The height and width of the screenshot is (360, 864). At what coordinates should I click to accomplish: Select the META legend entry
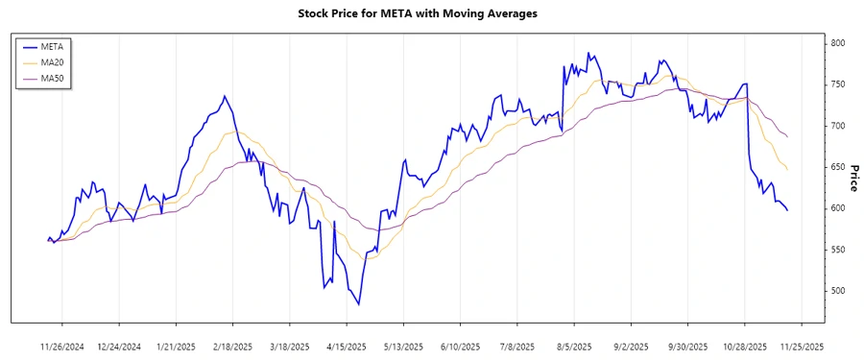(x=52, y=45)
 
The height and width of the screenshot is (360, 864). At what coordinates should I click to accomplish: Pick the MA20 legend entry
(x=52, y=61)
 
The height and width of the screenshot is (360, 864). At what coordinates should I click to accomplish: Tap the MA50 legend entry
(x=52, y=78)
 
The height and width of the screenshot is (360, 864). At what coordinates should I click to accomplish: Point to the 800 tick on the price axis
(x=839, y=43)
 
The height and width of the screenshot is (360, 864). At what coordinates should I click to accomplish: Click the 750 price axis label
(x=839, y=84)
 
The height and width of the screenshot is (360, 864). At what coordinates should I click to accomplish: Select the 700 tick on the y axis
(x=839, y=126)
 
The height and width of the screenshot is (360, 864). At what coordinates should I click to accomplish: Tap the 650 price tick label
(x=839, y=167)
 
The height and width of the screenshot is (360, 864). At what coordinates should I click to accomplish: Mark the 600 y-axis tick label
(x=839, y=208)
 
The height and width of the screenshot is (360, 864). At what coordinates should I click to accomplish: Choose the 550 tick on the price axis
(x=839, y=250)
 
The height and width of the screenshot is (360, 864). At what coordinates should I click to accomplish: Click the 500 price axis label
(x=839, y=291)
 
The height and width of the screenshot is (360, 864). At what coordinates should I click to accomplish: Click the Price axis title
(x=854, y=177)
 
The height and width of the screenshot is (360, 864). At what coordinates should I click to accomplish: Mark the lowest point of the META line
(x=359, y=305)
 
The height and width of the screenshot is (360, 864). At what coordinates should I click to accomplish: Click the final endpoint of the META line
(x=788, y=210)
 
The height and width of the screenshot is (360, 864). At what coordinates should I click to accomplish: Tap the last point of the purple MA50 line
(x=788, y=137)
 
